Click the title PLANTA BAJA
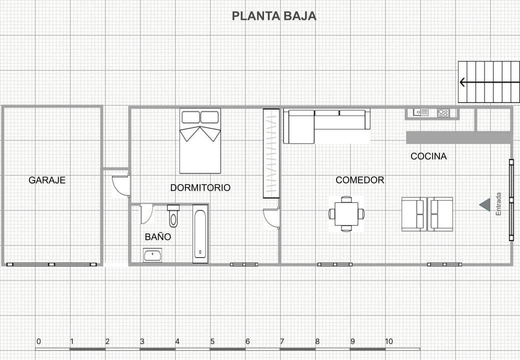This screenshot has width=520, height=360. [274, 16]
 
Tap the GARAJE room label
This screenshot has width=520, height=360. [47, 180]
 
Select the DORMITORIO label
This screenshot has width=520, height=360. [200, 187]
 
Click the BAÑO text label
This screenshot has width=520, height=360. [158, 236]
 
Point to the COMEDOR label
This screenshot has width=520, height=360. [359, 180]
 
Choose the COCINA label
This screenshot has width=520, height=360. [428, 156]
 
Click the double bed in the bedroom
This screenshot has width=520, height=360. [200, 141]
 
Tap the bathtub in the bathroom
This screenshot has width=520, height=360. [200, 233]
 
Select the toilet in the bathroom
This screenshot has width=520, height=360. [173, 216]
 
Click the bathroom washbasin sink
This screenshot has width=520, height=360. [152, 255]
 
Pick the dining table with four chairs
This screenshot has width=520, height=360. [346, 214]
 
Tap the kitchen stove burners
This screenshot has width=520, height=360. [443, 113]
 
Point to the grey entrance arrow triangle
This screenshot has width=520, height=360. [484, 204]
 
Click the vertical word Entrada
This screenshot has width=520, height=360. [498, 204]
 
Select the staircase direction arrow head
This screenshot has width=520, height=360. [462, 82]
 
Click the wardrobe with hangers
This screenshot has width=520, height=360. [271, 153]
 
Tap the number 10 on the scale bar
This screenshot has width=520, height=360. [388, 341]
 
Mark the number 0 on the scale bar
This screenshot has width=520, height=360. [38, 341]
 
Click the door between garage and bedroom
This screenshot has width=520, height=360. [121, 184]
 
